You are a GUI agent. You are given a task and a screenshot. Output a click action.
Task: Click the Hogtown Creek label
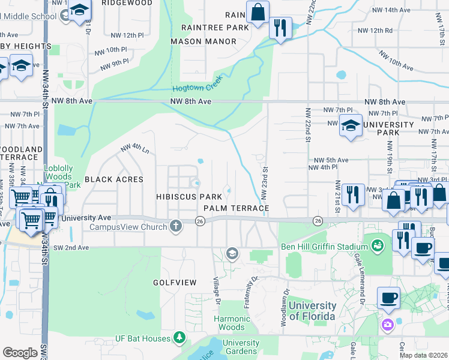click(x=197, y=83)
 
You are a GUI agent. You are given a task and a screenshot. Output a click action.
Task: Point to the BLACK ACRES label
click(x=114, y=179)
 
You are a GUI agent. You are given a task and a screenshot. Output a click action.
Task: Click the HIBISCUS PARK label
click(x=189, y=197)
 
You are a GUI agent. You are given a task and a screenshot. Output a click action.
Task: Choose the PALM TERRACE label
click(x=236, y=208)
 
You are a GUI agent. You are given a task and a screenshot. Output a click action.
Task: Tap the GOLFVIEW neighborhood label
click(x=175, y=281)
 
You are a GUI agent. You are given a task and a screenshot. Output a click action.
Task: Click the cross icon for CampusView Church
click(x=175, y=226)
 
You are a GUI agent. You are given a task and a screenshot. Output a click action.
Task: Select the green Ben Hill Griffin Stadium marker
click(x=377, y=246)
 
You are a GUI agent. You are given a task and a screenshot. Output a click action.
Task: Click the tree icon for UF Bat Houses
click(x=178, y=338)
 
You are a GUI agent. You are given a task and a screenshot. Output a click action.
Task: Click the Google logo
click(x=20, y=352)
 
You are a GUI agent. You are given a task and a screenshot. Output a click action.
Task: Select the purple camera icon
click(x=387, y=325)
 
